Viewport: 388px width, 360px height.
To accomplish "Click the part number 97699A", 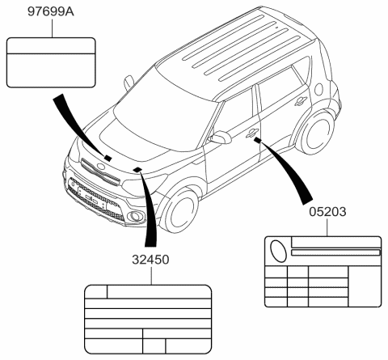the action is tap(51, 11).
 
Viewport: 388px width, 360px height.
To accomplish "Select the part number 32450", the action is tap(150, 260).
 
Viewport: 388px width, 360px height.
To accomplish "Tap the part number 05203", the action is tap(327, 211).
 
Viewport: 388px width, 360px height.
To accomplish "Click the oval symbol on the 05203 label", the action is tap(279, 251).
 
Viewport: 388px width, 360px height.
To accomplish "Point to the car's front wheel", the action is tap(180, 211).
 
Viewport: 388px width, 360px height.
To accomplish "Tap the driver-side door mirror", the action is tap(220, 137).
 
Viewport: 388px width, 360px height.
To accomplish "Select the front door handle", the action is tap(253, 133).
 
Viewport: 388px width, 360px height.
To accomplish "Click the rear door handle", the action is tap(301, 101).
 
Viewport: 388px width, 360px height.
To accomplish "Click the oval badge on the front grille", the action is tap(101, 167).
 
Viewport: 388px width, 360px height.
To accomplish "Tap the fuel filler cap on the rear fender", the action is tap(319, 89).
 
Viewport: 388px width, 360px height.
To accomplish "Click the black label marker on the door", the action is tap(258, 140).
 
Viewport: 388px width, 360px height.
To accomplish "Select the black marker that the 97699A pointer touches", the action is tap(108, 158).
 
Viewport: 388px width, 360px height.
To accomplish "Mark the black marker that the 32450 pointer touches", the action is tap(137, 170).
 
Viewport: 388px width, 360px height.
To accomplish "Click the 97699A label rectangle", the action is tap(51, 62).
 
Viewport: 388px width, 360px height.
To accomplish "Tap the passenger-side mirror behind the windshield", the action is tap(129, 83).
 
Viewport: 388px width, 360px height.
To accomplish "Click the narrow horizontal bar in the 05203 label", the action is tap(335, 252).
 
